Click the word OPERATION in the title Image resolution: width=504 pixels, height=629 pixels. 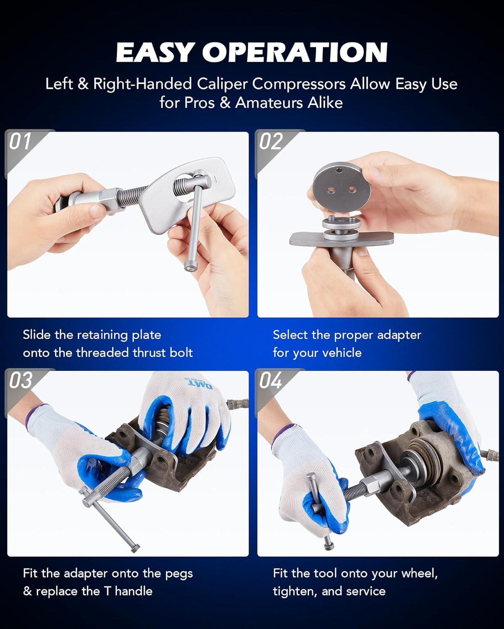coord(295,52)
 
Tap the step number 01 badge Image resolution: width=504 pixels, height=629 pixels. coord(20,141)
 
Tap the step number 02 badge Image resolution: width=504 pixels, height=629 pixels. coord(270,141)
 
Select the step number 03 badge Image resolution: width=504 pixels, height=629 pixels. coord(20,380)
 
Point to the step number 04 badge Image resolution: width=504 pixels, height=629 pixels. coord(270,380)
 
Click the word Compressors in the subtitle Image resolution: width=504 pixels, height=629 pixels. coord(299,84)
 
